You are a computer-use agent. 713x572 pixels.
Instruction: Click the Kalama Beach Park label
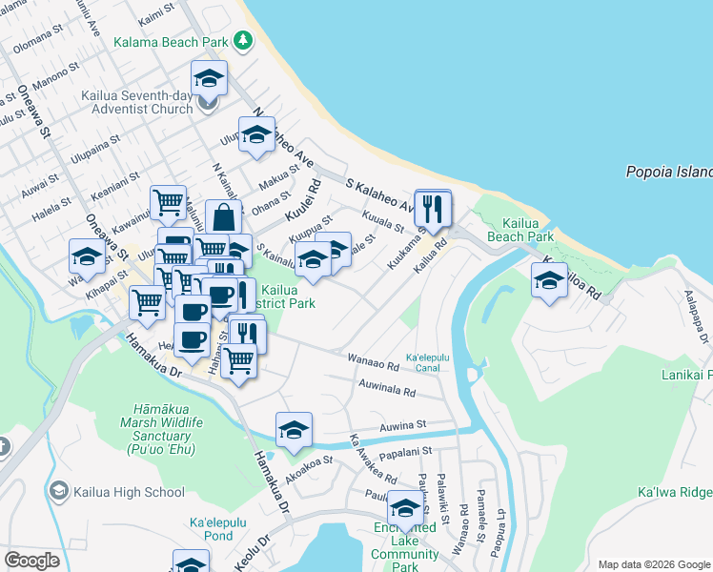(x=170, y=42)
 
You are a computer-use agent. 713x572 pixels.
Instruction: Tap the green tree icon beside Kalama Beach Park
(x=245, y=40)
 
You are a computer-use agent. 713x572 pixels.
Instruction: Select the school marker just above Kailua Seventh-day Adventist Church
(x=209, y=79)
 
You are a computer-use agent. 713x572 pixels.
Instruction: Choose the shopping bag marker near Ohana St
(x=222, y=218)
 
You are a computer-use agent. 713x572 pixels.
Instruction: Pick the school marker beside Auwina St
(x=294, y=430)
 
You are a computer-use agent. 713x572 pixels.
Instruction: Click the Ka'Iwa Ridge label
(x=674, y=492)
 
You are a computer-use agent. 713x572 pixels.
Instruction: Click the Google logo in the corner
(x=31, y=560)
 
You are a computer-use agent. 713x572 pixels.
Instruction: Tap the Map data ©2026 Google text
(x=654, y=564)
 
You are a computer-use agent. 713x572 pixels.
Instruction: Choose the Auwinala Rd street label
(x=386, y=391)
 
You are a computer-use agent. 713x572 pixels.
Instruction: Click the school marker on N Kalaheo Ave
(x=256, y=135)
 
